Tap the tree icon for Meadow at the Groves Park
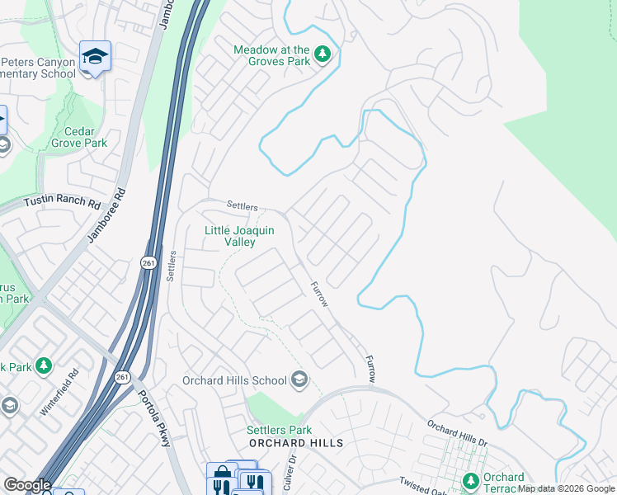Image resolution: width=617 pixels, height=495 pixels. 323,54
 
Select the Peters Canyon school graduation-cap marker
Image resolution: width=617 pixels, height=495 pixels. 95,56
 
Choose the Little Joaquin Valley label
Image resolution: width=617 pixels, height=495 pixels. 239,237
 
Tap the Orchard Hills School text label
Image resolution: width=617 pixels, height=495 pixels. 234,380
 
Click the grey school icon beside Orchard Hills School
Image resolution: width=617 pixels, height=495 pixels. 299,379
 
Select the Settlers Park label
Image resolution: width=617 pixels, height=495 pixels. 279,430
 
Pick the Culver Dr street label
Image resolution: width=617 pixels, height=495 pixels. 290,474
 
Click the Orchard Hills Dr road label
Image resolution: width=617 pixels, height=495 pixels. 457,432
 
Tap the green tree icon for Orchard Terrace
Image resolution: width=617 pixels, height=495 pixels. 471,480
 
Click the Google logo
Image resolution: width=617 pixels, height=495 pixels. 27,485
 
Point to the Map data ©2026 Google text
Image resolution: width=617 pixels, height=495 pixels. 566,488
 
